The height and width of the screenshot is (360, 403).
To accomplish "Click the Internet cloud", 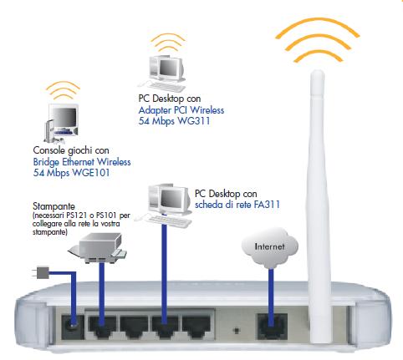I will [268, 247].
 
